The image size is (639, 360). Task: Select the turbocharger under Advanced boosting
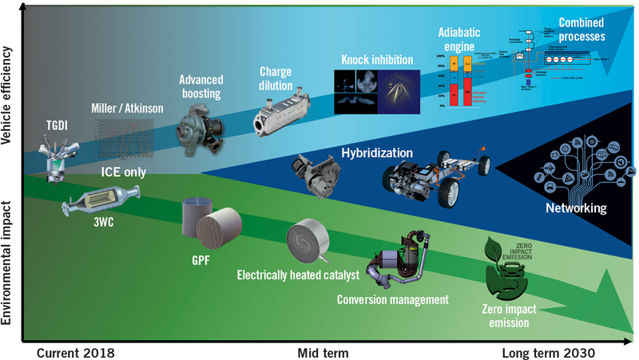[200, 126]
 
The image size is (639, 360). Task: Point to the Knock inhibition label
[377, 60]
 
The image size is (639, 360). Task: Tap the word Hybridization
[377, 152]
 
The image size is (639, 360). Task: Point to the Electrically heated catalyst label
[298, 276]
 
